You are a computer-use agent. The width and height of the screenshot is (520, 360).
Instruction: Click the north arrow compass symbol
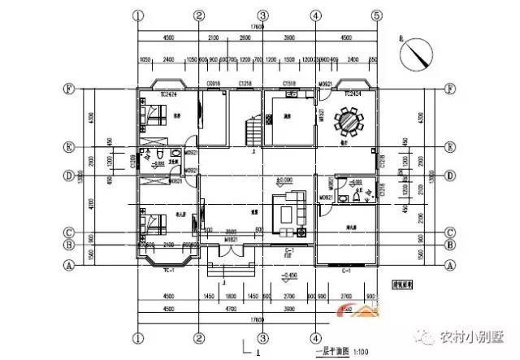pos(417,55)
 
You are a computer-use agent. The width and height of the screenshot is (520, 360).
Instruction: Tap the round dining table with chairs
pos(355,124)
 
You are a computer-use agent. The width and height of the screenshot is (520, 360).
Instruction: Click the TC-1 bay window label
pos(167,268)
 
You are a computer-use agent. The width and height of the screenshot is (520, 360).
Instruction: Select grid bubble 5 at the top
pos(375,15)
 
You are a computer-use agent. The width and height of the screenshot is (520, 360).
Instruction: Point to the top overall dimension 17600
pos(258,27)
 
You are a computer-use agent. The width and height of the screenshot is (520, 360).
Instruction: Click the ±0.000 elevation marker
pos(284,179)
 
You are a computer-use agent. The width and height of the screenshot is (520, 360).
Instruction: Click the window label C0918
pos(214,83)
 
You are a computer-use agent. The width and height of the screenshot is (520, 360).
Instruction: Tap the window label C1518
pos(288,83)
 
